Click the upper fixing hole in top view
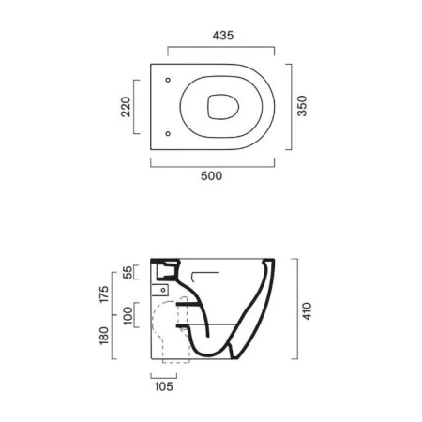(x=167, y=80)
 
